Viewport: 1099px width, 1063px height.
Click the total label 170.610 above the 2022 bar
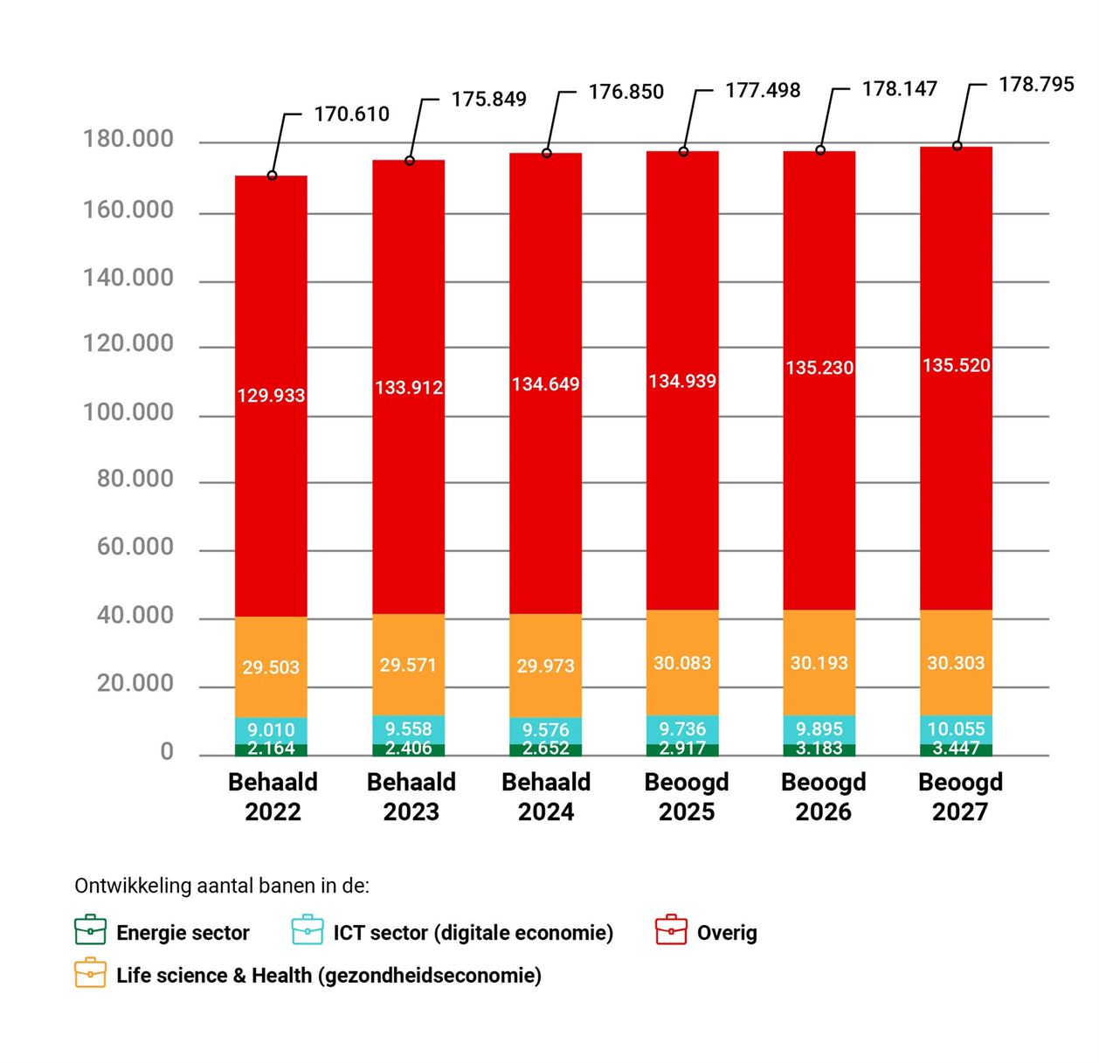351,114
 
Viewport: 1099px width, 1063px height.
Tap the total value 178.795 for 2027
1036,85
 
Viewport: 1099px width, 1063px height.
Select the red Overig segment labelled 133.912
409,387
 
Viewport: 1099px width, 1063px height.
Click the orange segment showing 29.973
545,666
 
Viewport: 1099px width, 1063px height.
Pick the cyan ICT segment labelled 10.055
956,728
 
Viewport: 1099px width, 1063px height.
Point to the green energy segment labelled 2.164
271,749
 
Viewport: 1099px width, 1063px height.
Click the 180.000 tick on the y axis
128,140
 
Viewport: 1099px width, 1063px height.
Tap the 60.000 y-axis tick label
135,547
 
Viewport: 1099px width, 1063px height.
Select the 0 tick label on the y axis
167,752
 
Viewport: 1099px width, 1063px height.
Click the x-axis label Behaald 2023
411,797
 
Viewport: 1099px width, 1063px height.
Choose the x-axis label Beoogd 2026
823,797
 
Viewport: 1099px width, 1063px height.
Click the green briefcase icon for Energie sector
91,930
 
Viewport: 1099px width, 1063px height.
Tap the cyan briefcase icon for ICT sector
308,930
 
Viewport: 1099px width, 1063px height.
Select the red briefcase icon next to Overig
671,930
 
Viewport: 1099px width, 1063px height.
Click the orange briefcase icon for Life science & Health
91,973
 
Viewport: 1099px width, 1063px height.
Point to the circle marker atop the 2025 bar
683,152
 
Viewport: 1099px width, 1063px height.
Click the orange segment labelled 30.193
819,663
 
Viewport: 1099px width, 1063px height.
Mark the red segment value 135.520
956,365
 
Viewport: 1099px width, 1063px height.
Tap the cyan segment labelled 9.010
271,729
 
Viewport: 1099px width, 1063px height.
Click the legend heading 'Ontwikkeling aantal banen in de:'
222,886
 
